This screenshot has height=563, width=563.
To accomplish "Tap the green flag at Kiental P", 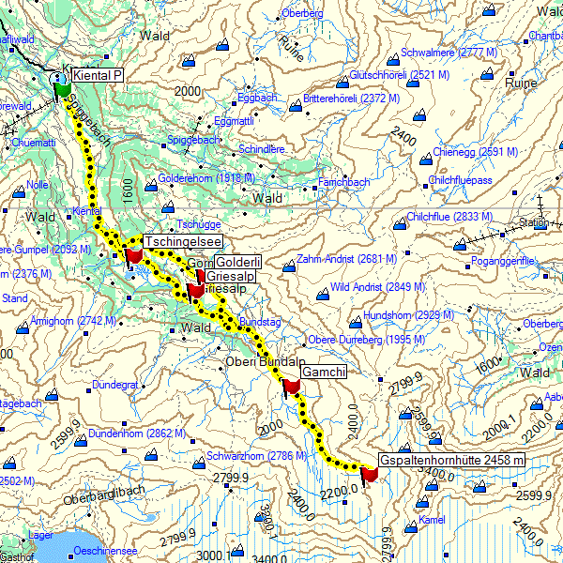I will tap(63, 89).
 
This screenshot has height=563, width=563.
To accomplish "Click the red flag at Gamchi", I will tap(291, 386).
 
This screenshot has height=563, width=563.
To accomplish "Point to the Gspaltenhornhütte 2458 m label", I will tap(451, 460).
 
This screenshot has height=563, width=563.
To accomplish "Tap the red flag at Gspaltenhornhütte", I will tap(368, 475).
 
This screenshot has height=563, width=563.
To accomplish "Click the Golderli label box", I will tap(238, 262).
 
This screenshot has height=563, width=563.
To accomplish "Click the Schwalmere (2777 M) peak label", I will tap(449, 53).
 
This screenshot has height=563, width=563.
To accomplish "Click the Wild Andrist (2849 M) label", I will tap(378, 286).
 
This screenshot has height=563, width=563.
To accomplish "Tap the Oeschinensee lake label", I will tap(107, 551).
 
